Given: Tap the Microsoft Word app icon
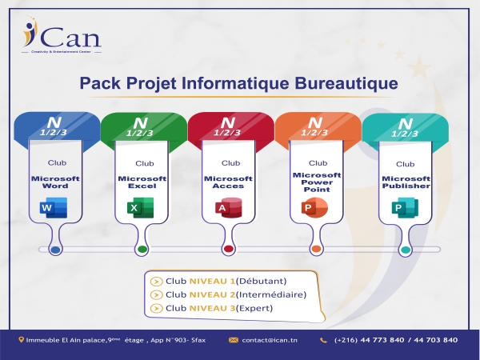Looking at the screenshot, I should point(54,209).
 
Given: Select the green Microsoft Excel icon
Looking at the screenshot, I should point(141,209).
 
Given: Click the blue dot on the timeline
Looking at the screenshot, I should point(54,250).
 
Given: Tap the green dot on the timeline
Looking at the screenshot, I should point(142,250).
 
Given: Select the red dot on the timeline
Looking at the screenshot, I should point(229,250).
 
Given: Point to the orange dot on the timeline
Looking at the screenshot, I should point(316,250).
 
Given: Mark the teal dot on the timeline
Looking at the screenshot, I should point(405,250).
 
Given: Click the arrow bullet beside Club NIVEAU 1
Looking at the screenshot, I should point(156,281).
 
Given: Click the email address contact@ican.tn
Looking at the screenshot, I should point(269,340).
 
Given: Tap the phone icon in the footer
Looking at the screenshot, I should point(325,340).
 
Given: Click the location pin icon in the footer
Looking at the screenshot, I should point(22,340).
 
